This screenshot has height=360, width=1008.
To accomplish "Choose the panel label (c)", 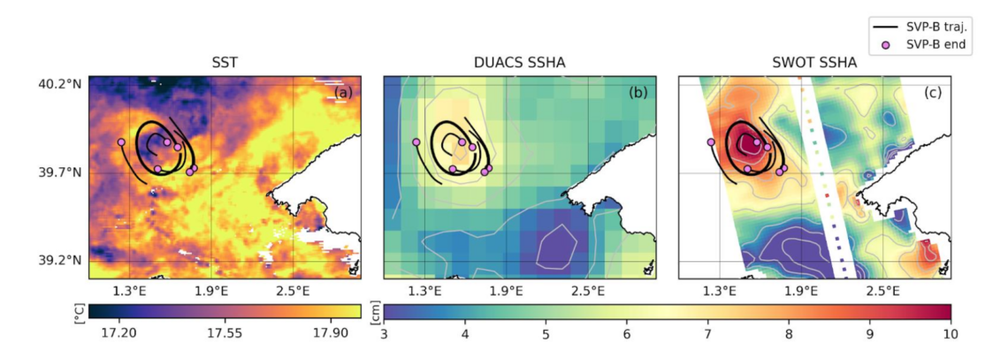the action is pos(933,93).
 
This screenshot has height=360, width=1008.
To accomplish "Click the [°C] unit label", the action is pos(80,311).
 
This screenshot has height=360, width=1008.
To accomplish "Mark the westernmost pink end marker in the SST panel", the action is pos(121,142).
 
